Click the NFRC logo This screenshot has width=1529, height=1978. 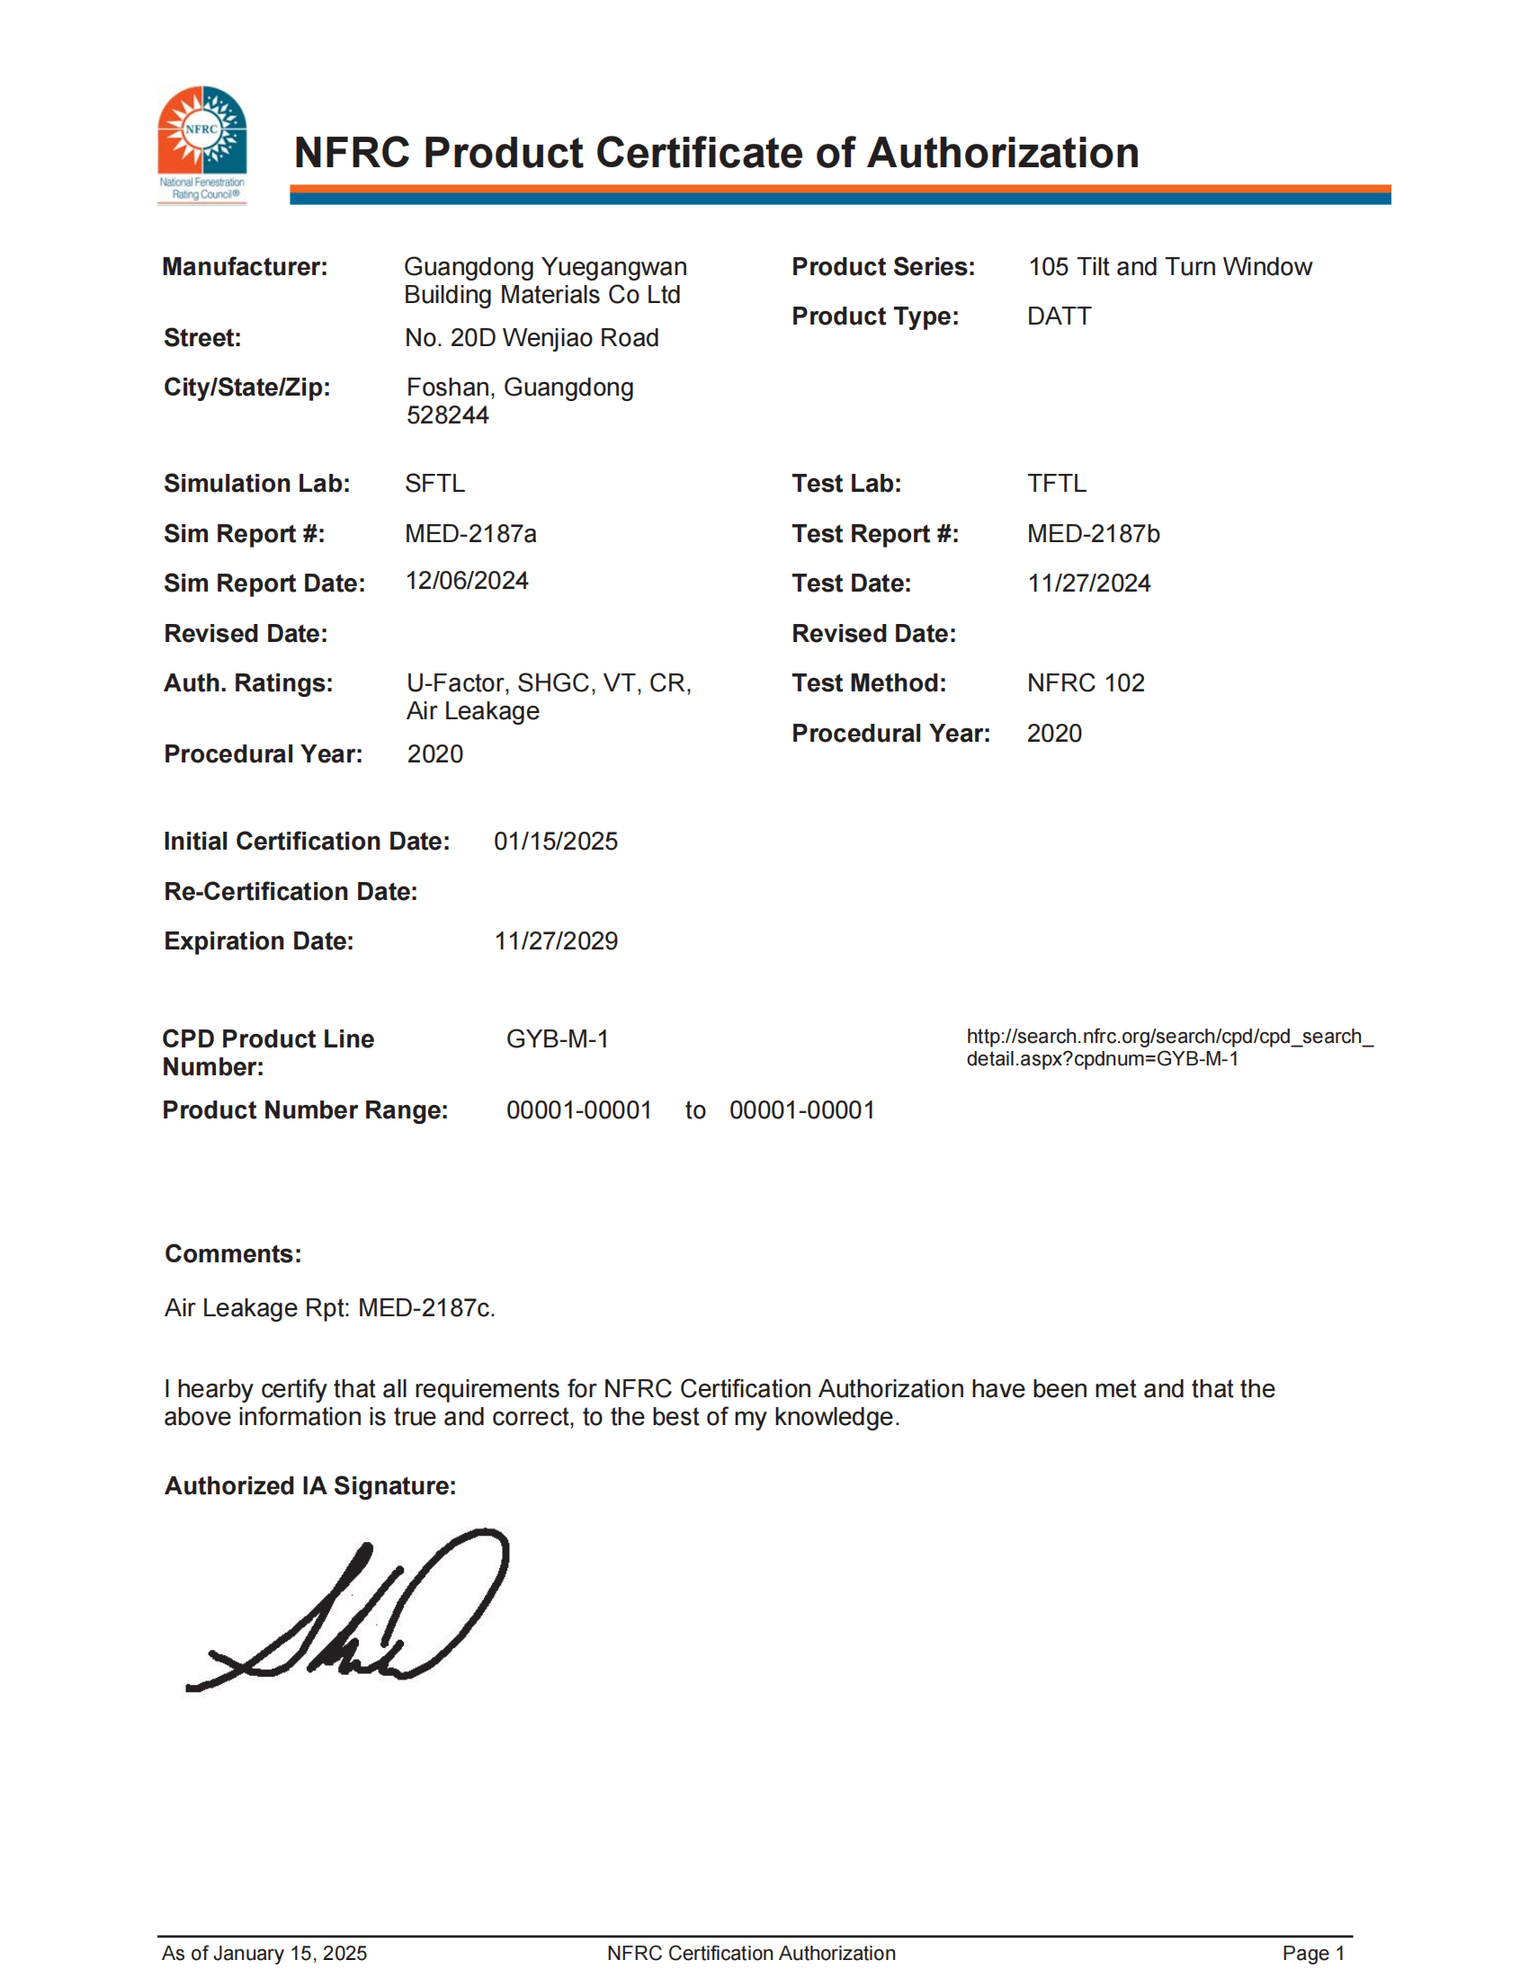coord(202,143)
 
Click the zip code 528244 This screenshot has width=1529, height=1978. coord(448,415)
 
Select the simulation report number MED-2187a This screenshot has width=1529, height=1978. coord(470,533)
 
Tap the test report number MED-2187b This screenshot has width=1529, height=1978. coord(1093,533)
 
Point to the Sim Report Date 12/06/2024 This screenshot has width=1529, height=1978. coord(467,581)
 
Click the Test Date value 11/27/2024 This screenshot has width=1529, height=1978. coord(1088,584)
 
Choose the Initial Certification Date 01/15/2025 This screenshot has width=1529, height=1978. coord(555,842)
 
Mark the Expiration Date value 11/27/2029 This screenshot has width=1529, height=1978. coord(555,941)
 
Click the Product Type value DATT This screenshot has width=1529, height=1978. coord(1059,316)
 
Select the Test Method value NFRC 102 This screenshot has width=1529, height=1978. coord(1086,683)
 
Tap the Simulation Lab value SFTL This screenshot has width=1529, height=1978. coord(434,484)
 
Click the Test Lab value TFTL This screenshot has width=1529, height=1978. coord(1056,484)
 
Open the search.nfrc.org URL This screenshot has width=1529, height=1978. coord(1168,1047)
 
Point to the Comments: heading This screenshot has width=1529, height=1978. coord(233,1254)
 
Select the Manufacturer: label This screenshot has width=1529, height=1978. coord(245,267)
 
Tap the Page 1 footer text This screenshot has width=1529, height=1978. coord(1312,1954)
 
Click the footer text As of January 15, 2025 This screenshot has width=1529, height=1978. coord(264,1954)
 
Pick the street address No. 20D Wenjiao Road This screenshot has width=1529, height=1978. coord(532,338)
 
